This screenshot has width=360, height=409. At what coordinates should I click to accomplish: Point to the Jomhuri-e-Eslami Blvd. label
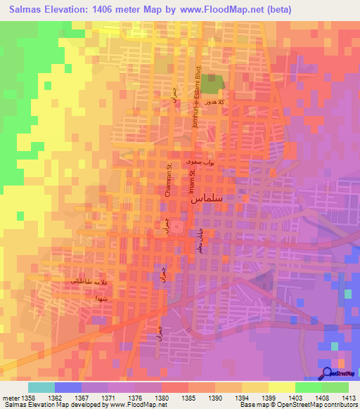click(198, 86)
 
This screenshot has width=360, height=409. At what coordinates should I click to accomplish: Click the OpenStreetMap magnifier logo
click(328, 374)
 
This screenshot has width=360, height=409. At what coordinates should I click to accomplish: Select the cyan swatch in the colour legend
click(41, 387)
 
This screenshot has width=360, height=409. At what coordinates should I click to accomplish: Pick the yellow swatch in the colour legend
click(281, 387)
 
